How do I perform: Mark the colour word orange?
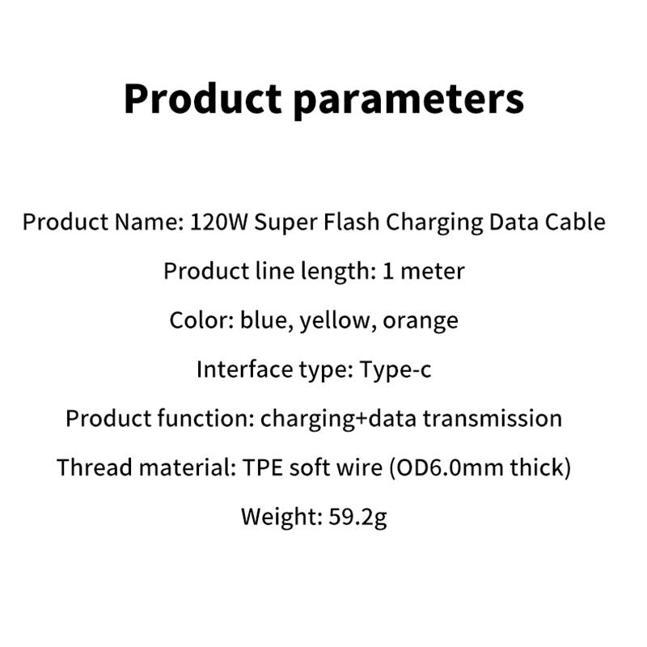pos(421,321)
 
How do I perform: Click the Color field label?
pos(201,320)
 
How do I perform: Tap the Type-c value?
pos(396,370)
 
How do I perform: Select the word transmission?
pos(493,418)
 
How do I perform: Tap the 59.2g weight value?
pos(359,517)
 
